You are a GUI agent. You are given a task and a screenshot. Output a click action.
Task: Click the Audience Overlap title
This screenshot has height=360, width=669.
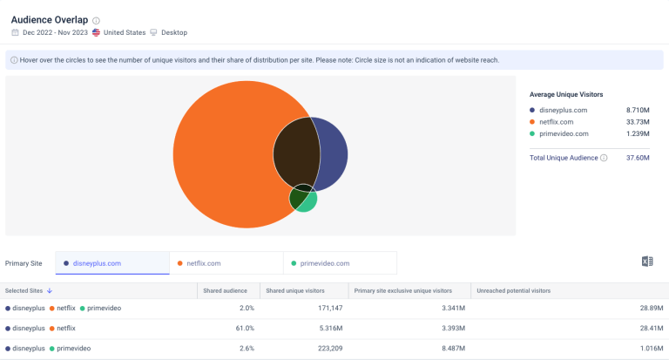(50, 19)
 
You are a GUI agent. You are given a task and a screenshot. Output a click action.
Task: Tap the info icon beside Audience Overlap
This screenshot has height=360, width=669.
(96, 20)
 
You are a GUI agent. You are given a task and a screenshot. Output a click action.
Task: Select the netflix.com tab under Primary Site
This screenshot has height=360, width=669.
(203, 263)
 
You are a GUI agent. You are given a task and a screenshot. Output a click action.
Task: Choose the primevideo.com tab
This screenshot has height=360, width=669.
(324, 263)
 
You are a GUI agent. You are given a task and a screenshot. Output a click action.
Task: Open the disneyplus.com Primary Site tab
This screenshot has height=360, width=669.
(97, 263)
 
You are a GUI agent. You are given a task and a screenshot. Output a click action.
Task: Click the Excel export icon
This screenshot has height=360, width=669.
(646, 262)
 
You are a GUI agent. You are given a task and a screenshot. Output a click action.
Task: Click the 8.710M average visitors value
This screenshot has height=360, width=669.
(638, 110)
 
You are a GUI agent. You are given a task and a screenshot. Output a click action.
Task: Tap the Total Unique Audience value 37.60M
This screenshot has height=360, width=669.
(638, 158)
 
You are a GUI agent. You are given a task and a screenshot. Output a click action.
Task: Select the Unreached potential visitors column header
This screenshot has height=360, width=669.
(512, 290)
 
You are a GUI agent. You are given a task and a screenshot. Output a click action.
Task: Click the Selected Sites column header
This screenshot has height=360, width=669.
(29, 290)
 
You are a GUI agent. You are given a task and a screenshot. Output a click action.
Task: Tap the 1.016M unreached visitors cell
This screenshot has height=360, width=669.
(650, 349)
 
